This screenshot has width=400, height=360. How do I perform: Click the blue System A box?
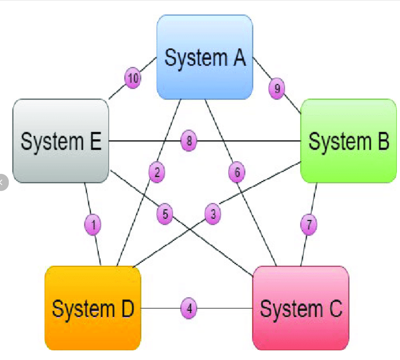205,57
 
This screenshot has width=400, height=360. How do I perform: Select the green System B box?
349,140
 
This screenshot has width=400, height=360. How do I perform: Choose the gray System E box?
61,140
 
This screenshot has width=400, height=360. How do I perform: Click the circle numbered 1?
93,225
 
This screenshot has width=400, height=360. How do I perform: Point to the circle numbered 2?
156,173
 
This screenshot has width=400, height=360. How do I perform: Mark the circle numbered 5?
165,215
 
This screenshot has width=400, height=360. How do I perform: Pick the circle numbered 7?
309,225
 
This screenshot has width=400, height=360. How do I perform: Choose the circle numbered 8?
189,141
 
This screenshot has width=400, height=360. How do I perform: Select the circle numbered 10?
133,79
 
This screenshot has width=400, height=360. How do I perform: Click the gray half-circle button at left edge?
3,182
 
